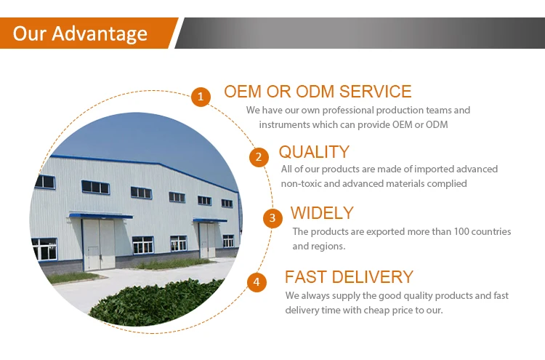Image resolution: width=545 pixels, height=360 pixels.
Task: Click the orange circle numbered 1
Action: (201, 96)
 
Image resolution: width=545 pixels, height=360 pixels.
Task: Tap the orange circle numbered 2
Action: (259, 157)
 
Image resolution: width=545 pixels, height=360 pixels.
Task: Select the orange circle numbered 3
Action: (272, 218)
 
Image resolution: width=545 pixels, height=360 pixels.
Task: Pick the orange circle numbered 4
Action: (257, 281)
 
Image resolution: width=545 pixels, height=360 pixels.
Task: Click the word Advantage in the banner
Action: (100, 34)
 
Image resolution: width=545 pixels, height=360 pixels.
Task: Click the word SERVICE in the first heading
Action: (375, 92)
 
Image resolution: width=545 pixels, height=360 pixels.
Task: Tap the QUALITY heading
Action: (314, 152)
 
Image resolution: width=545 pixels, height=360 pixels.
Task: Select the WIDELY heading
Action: (322, 213)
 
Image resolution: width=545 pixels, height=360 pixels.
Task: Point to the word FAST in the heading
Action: (306, 277)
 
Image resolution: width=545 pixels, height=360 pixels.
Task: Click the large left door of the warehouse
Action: (99, 244)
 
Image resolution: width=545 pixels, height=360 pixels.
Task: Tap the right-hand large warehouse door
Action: (208, 240)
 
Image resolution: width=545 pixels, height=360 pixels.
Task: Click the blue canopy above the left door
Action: (101, 216)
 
